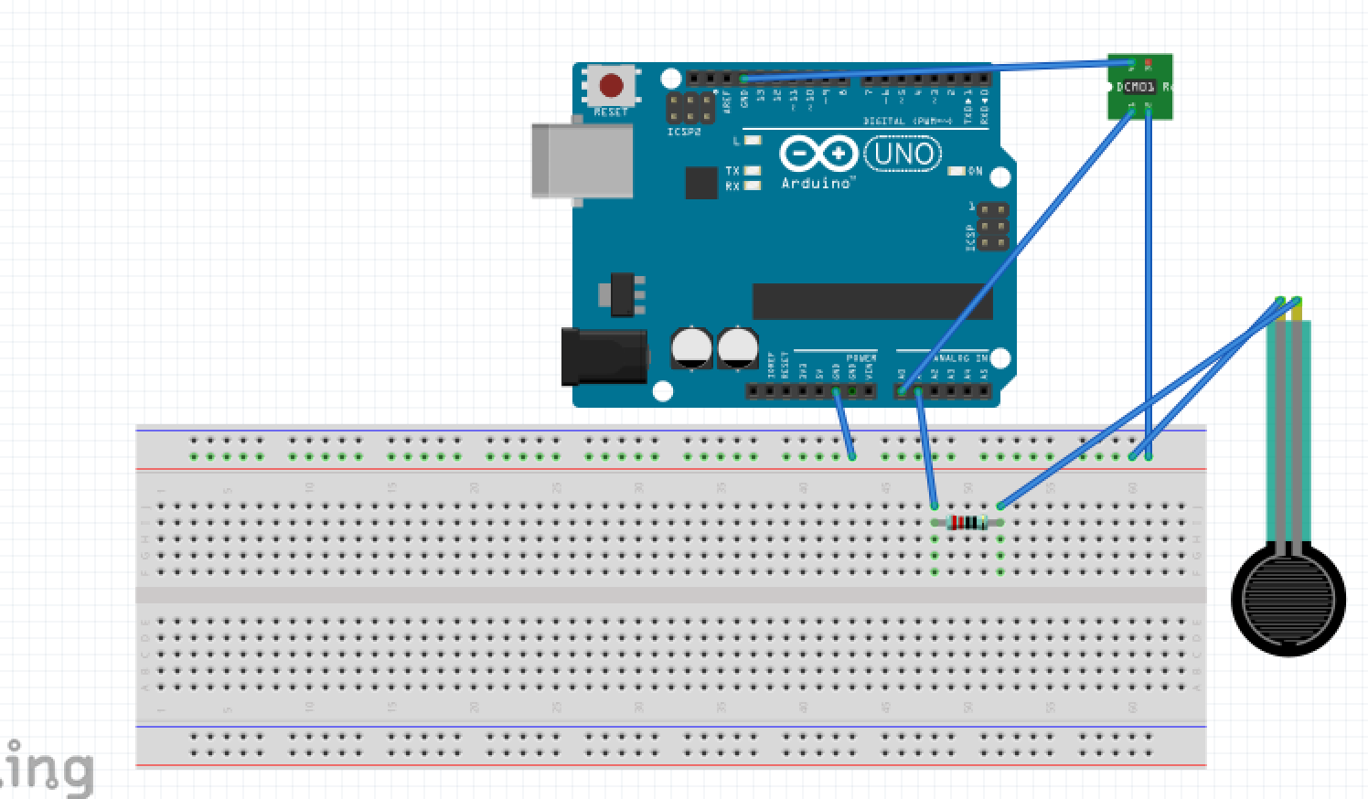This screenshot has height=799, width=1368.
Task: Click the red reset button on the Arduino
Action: tap(611, 87)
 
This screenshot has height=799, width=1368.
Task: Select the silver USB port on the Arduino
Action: tap(582, 160)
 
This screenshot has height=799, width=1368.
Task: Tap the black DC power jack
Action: tap(604, 357)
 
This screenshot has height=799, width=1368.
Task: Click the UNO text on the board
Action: tap(903, 154)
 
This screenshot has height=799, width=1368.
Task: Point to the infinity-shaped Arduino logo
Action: tap(818, 154)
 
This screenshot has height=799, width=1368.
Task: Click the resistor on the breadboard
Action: tap(967, 523)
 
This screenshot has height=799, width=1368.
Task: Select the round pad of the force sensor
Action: tap(1288, 601)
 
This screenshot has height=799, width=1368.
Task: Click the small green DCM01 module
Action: tap(1139, 87)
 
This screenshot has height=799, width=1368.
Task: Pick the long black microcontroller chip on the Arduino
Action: tap(871, 302)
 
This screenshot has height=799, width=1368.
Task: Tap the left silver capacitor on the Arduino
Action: tap(691, 347)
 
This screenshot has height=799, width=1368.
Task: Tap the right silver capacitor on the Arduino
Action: tap(738, 347)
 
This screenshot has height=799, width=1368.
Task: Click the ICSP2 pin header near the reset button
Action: tap(690, 109)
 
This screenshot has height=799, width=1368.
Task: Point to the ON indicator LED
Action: tap(957, 171)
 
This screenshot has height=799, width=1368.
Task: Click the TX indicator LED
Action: tap(753, 171)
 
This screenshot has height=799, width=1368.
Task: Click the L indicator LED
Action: tap(753, 141)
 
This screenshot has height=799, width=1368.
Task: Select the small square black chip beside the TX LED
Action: tap(701, 183)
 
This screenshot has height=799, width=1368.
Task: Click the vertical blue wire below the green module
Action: tap(1149, 274)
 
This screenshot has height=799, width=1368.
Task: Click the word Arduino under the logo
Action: tap(817, 184)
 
